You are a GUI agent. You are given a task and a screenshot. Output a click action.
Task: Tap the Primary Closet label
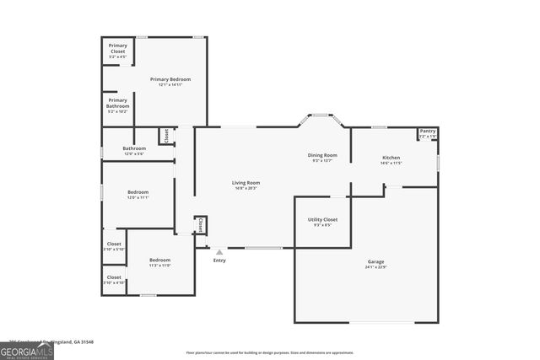click(x=117, y=49)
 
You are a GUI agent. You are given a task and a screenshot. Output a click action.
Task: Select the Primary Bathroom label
click(x=117, y=101)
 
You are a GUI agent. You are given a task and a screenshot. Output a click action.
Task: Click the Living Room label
click(x=246, y=182)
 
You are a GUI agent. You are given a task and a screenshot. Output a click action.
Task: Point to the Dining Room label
click(x=322, y=155)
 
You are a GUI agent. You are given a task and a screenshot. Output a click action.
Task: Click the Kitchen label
click(x=391, y=158)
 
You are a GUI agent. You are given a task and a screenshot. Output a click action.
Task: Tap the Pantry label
click(x=428, y=132)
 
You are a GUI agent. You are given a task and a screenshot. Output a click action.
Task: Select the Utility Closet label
click(x=322, y=219)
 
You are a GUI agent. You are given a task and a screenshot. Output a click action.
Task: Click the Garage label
click(x=375, y=261)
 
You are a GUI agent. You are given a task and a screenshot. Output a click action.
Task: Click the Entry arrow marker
click(x=219, y=251)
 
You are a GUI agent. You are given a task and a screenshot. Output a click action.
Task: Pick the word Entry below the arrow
click(x=219, y=260)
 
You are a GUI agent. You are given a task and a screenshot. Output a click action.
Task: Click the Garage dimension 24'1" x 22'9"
click(x=375, y=267)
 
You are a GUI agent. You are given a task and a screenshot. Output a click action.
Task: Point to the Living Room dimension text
click(x=246, y=188)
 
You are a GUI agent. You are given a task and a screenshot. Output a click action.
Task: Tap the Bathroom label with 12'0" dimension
click(x=134, y=148)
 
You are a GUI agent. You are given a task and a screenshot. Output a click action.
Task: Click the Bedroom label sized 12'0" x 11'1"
click(x=138, y=192)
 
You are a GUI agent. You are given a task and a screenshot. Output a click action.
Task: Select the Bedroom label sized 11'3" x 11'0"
click(x=160, y=260)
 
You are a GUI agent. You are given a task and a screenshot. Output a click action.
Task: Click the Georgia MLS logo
click(x=27, y=349)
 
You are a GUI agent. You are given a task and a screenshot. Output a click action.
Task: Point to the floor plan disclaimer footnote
click(x=269, y=352)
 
